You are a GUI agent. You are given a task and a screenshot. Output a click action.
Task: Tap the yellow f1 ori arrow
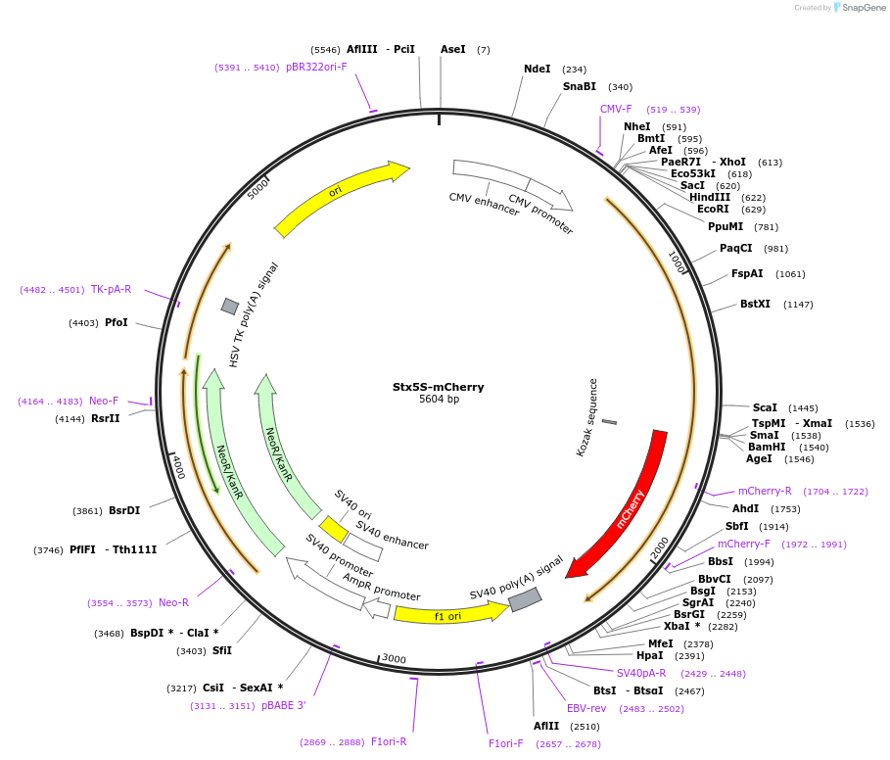(448, 614)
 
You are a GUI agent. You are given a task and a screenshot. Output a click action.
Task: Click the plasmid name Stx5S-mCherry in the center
(439, 387)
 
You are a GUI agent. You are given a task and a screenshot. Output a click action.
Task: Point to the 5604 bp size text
(439, 400)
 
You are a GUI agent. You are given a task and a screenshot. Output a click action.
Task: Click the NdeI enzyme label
(538, 70)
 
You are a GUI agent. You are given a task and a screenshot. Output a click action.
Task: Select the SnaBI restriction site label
(579, 87)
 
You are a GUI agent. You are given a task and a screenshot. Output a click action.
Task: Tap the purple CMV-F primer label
(616, 109)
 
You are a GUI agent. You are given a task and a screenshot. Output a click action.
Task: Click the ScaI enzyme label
(765, 407)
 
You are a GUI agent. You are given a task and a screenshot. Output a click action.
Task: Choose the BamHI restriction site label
(767, 447)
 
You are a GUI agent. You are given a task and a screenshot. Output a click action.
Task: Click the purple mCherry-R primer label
(765, 491)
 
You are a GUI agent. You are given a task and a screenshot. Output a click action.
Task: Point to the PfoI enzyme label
(117, 322)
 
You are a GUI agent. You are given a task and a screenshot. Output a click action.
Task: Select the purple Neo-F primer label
(104, 401)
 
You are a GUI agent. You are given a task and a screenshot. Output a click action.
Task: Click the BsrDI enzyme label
(124, 510)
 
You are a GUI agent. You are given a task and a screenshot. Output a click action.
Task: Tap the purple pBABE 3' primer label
(284, 705)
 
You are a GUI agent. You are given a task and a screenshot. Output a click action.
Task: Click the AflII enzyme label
(546, 726)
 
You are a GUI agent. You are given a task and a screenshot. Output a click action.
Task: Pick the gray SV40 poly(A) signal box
(525, 599)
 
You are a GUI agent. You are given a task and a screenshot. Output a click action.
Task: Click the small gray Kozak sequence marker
(609, 422)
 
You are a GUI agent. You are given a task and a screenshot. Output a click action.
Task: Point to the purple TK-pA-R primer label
(111, 289)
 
